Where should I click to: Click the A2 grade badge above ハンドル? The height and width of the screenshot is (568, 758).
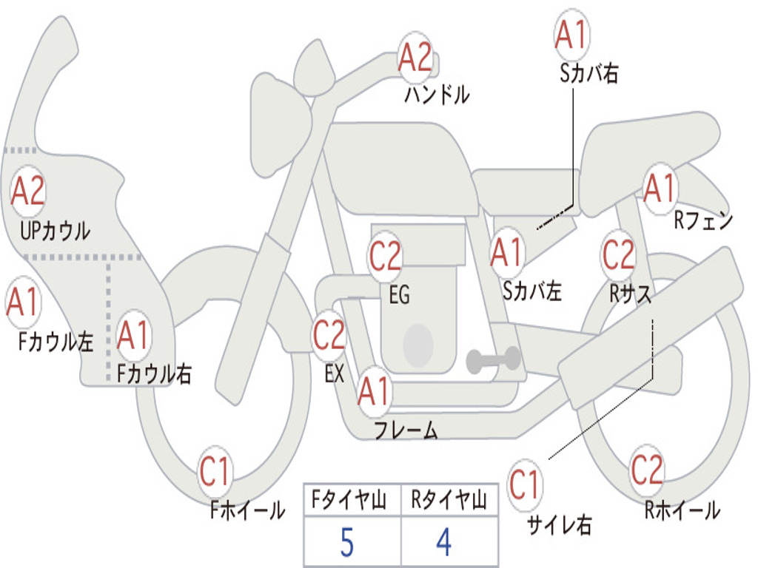415,58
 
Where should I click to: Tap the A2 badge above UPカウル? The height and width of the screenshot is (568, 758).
28,191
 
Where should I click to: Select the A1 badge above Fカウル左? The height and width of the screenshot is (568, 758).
23,302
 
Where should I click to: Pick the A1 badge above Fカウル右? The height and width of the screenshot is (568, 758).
133,335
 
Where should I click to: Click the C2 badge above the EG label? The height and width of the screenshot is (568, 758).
385,255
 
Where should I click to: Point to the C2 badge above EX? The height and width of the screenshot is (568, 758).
329,335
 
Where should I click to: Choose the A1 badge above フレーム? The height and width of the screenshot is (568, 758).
374,390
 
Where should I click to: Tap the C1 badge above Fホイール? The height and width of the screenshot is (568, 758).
215,471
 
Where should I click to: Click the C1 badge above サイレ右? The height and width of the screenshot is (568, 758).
524,484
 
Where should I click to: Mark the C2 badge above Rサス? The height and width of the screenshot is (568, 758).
618,254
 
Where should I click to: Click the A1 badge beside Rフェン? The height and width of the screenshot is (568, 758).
660,188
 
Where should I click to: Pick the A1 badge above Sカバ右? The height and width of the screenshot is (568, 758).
572,35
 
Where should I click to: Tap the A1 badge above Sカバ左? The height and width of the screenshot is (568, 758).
507,253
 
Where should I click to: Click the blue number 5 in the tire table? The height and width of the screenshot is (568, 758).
347,542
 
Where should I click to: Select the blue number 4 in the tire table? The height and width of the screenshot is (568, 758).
444,542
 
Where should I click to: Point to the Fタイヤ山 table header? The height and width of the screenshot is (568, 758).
349,500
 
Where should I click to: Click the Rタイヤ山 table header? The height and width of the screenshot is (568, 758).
449,500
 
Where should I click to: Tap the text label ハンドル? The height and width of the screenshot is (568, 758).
437,94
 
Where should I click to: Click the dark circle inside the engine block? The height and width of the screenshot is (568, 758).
418,345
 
